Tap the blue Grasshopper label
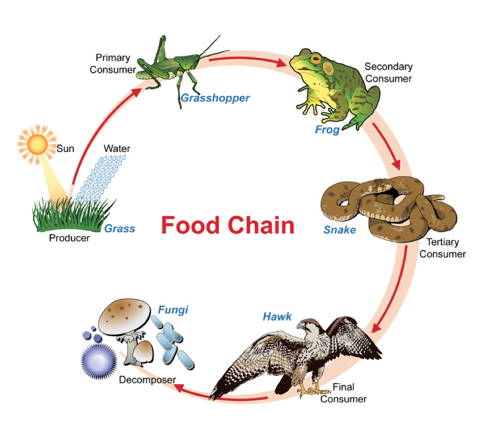(215, 98)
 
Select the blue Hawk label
(277, 317)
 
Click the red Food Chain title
(227, 226)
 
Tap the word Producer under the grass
(69, 238)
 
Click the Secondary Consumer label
(388, 72)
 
